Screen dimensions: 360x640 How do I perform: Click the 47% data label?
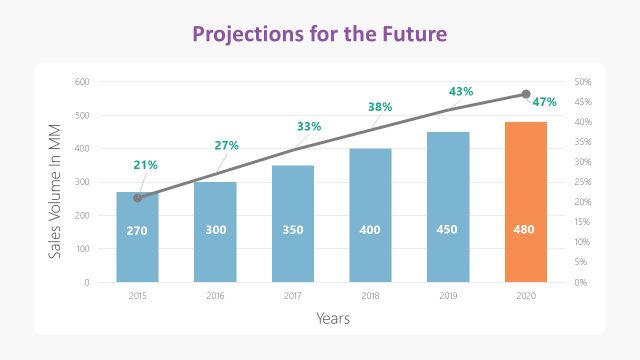(544, 102)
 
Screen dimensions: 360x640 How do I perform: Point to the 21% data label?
(145, 165)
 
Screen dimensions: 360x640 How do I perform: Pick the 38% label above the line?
(379, 107)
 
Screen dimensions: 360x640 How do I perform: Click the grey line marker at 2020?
(526, 94)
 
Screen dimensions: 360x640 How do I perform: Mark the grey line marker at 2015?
(137, 198)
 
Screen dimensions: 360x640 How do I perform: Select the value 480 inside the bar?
(525, 230)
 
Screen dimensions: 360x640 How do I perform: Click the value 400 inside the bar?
(370, 230)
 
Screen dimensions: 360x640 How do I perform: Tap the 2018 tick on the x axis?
(370, 296)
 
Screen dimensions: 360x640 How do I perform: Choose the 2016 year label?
(215, 296)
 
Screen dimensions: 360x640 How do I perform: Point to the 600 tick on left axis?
(83, 82)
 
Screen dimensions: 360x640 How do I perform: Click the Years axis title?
(332, 319)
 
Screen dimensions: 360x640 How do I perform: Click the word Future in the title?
(410, 33)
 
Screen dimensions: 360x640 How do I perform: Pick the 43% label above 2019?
(460, 92)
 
